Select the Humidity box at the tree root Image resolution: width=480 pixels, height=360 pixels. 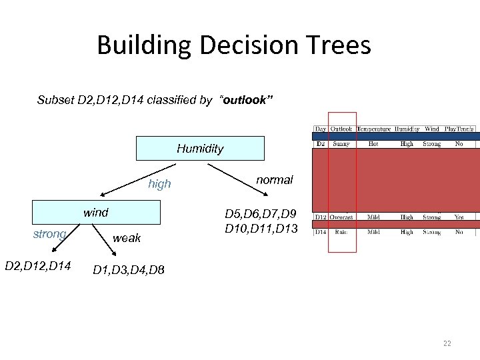(200, 149)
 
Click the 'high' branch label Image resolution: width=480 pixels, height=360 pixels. (159, 184)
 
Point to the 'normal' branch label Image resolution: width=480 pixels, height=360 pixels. (275, 180)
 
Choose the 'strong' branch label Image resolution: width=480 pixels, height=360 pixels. (49, 234)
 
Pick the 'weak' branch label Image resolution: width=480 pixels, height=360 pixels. (127, 239)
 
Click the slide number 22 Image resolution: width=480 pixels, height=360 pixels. (447, 343)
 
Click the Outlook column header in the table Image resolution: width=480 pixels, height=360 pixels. (341, 129)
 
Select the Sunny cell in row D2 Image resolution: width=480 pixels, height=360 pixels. (341, 144)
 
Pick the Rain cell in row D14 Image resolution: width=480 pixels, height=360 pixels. (341, 233)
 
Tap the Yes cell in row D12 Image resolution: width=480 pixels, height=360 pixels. (459, 217)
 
